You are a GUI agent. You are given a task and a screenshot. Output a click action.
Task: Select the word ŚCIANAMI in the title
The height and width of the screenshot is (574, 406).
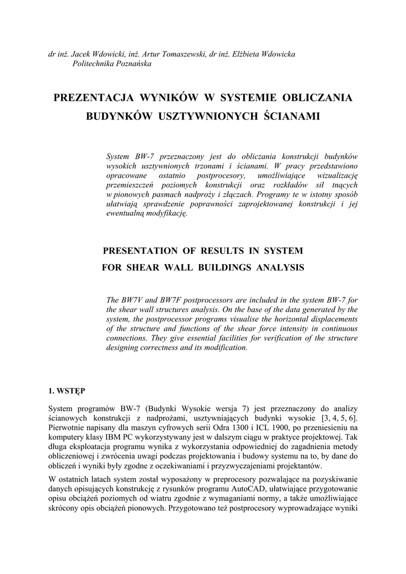pos(292,117)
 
